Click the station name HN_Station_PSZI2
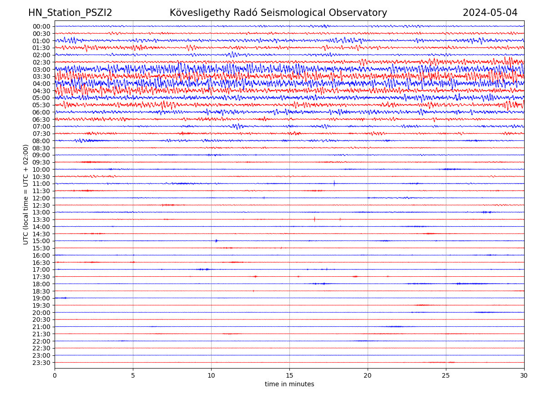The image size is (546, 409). [x=70, y=13]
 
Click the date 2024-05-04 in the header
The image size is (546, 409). [x=490, y=13]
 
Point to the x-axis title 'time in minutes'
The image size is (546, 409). [x=289, y=384]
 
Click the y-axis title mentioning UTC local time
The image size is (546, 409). [x=26, y=195]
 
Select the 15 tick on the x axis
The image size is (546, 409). [x=289, y=375]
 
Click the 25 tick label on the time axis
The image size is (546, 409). [x=446, y=375]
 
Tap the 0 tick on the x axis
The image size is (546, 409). [x=55, y=375]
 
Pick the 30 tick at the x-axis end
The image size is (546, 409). [x=524, y=375]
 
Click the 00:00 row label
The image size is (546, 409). [x=41, y=26]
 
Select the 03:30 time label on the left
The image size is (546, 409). [x=41, y=76]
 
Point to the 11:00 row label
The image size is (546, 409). [x=41, y=184]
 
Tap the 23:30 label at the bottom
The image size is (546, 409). [x=41, y=363]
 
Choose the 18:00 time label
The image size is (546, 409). [x=41, y=284]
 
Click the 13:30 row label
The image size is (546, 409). [x=41, y=219]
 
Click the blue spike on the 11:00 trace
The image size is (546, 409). [x=334, y=183]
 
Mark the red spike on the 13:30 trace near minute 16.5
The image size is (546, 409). [x=314, y=219]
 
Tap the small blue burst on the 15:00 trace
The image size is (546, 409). [x=216, y=241]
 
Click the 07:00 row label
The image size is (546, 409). [x=41, y=126]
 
